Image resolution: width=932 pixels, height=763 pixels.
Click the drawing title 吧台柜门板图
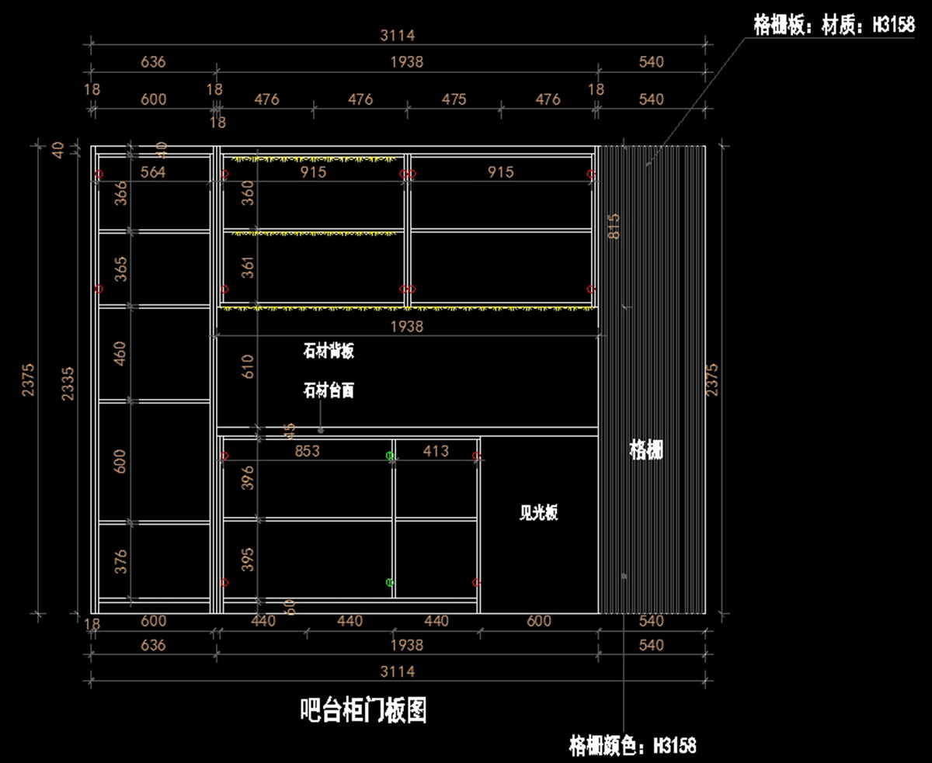tap(363, 709)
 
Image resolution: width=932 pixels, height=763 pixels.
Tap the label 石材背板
tap(329, 352)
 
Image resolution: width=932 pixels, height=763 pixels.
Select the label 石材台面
tap(329, 390)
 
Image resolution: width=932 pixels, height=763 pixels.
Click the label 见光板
tap(538, 513)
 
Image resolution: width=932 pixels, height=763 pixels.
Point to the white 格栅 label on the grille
tap(646, 449)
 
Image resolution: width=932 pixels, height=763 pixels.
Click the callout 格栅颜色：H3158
tap(633, 747)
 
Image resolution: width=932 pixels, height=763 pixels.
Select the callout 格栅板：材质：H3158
tap(834, 26)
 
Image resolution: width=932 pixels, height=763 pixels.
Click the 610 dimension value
tap(247, 366)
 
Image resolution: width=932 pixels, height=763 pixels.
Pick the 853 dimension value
tap(308, 450)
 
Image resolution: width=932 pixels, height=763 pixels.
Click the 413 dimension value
tap(436, 450)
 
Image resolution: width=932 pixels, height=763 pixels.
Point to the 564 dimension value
tap(153, 172)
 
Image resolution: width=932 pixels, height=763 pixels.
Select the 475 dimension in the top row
tap(454, 99)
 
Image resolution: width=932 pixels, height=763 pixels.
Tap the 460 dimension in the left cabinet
tap(120, 353)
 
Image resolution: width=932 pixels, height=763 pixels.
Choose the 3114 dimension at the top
tap(398, 35)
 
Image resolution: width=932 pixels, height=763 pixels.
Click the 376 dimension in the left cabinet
tap(120, 561)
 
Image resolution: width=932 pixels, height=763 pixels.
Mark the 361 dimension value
tap(247, 267)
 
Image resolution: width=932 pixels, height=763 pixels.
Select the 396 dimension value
tap(247, 478)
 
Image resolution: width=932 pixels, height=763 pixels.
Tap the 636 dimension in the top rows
tap(153, 61)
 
